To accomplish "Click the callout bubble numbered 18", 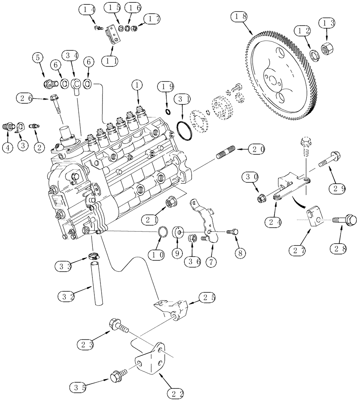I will [x=239, y=17].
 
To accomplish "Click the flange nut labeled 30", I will [x=262, y=198].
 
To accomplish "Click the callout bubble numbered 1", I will [x=137, y=85].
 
